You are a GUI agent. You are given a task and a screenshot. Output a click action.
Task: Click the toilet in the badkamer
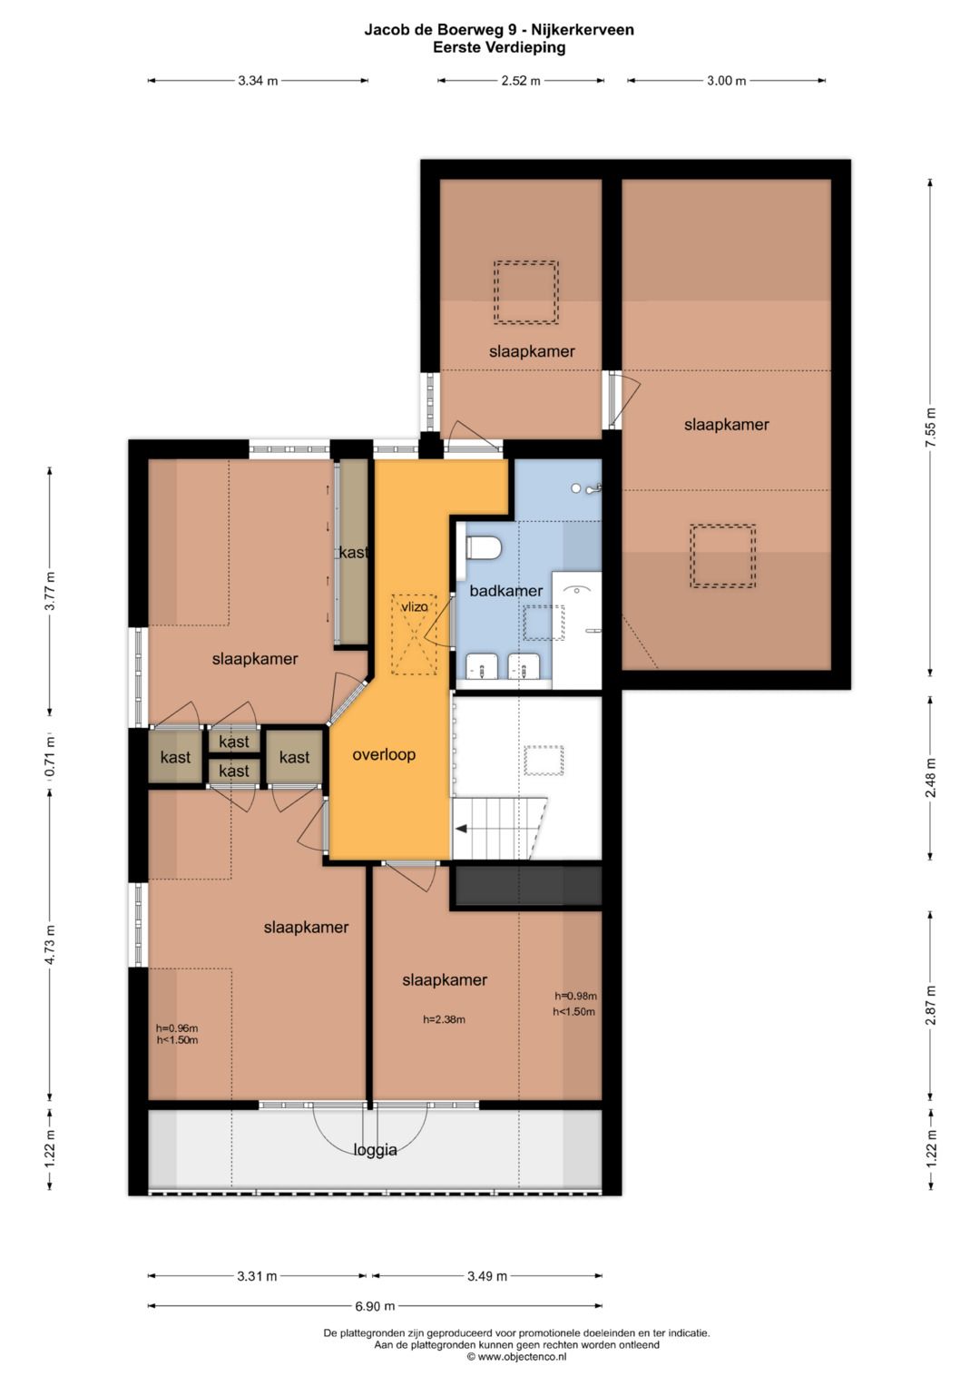tap(483, 548)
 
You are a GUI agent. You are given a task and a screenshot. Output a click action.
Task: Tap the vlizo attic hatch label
tap(414, 607)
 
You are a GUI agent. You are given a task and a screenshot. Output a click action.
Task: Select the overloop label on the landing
tap(384, 755)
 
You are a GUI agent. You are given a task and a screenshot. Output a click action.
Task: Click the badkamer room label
tap(505, 591)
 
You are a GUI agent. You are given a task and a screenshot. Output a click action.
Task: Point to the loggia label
tap(375, 1150)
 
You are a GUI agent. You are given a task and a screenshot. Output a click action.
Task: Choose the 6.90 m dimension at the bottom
tap(375, 1306)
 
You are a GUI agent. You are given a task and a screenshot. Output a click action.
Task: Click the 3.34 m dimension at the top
tap(258, 81)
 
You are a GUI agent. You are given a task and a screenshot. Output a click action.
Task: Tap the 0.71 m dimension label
tap(50, 755)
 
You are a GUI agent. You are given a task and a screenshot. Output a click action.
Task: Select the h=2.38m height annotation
tap(445, 1019)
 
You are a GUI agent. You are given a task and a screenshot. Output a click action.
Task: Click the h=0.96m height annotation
tap(177, 1028)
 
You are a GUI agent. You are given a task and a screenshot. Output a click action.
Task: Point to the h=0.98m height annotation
tap(575, 997)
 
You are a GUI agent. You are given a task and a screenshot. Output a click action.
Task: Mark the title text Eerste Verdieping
tap(499, 47)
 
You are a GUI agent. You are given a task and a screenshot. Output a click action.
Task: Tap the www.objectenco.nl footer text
tap(516, 1357)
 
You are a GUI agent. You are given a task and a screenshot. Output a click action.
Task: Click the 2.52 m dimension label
tap(521, 81)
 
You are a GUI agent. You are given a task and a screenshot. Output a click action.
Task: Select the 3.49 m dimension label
tap(487, 1276)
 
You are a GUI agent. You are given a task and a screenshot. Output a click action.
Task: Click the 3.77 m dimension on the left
tap(50, 591)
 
